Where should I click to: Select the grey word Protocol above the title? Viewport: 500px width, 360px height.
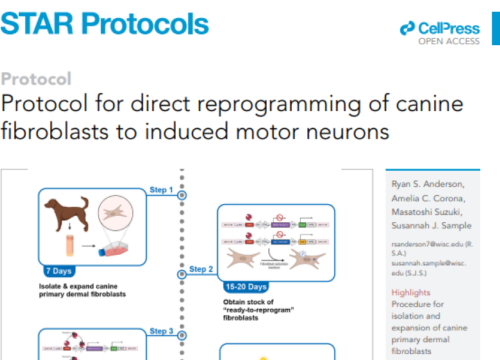pos(36,79)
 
